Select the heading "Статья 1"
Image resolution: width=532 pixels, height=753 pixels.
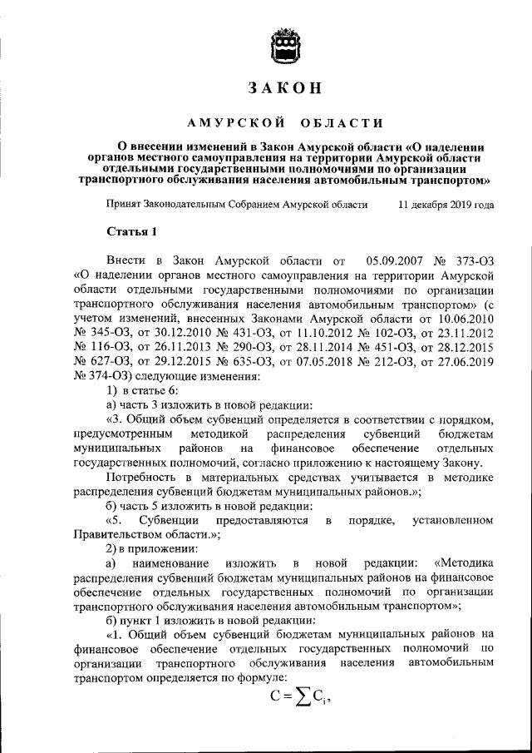pyautogui.click(x=131, y=230)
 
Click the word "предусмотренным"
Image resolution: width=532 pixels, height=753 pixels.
pyautogui.click(x=123, y=434)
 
